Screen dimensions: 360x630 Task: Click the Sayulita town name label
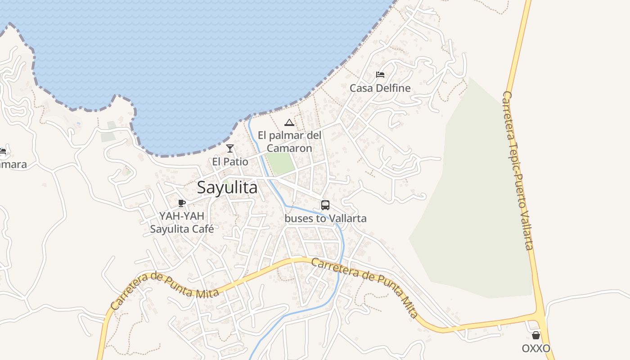point(227,187)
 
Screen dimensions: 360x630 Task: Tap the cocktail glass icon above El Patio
point(230,148)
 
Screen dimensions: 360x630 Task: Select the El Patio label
point(230,161)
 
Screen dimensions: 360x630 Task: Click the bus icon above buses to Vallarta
point(325,205)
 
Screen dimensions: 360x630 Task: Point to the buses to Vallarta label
point(325,219)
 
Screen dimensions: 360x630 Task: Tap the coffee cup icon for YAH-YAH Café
point(182,203)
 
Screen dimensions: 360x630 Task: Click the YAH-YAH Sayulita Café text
point(182,222)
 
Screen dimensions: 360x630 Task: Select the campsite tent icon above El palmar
point(289,122)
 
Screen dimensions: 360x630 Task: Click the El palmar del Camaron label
point(289,142)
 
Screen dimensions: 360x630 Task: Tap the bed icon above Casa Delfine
point(380,75)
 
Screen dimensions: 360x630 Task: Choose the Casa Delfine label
point(380,88)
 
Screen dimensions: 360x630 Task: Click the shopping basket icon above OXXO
point(536,335)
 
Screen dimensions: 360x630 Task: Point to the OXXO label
point(536,348)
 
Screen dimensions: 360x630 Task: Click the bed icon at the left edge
point(2,152)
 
